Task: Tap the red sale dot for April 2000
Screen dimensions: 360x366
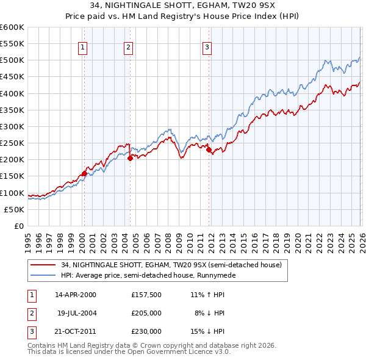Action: click(x=84, y=173)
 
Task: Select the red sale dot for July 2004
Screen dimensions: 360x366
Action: click(x=130, y=158)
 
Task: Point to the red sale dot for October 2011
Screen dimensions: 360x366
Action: click(x=209, y=149)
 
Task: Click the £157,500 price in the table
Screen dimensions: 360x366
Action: click(x=146, y=294)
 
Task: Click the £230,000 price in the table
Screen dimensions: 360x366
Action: click(x=146, y=332)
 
